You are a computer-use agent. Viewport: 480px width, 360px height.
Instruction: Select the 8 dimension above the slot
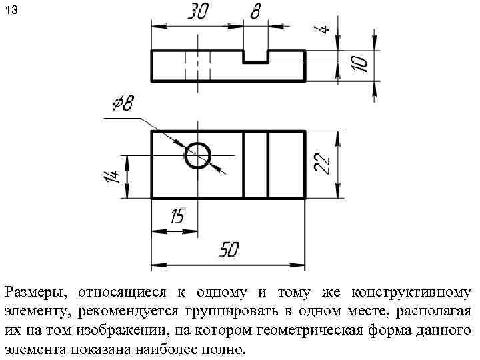[255, 12]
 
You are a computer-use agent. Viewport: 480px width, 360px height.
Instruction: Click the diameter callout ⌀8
[123, 103]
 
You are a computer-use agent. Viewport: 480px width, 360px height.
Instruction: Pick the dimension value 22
[323, 164]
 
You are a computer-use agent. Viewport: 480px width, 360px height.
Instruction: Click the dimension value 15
[177, 217]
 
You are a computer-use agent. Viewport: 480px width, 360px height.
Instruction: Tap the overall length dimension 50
[229, 250]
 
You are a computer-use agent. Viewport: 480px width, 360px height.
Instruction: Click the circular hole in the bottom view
[197, 156]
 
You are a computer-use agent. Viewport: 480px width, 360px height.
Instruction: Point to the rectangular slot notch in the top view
[256, 56]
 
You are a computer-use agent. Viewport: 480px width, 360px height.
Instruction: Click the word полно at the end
[226, 350]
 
